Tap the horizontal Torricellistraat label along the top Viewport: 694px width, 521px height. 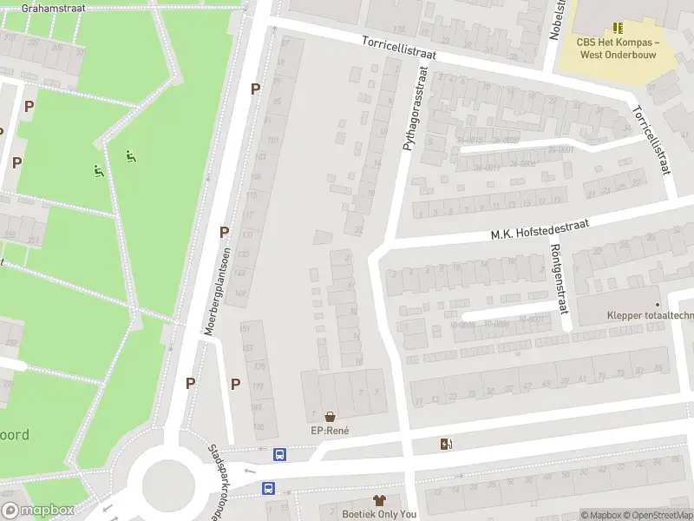(399, 47)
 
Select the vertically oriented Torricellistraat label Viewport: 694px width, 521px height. (651, 140)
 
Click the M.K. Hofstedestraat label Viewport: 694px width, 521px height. (540, 228)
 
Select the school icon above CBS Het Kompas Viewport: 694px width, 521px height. (618, 28)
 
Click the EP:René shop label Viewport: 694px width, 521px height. (329, 431)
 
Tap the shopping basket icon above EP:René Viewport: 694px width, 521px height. (330, 416)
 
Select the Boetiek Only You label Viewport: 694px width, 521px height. (379, 514)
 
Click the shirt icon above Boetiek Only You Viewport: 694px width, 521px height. (379, 499)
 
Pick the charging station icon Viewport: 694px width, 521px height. (447, 445)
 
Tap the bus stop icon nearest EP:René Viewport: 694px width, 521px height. (280, 454)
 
